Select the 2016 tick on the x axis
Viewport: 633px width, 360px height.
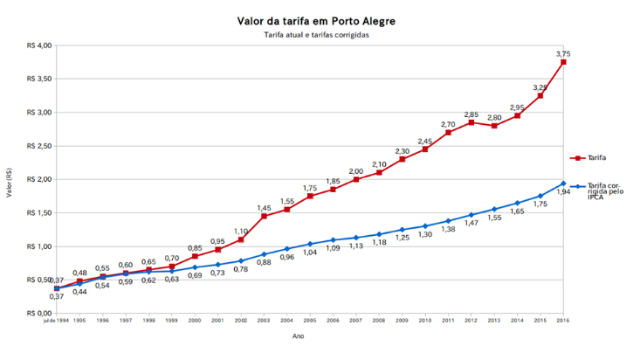[x=563, y=321]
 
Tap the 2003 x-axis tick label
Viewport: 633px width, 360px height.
[x=264, y=321]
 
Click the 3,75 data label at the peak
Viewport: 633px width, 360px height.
[x=563, y=53]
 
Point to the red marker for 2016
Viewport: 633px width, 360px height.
[x=563, y=62]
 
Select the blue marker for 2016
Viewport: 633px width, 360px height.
[x=563, y=183]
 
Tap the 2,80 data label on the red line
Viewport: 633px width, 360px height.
[x=494, y=117]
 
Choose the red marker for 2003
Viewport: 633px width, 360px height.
[x=264, y=216]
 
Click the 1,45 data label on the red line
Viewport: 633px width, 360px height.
[x=264, y=207]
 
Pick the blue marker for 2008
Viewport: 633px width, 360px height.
[x=379, y=234]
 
